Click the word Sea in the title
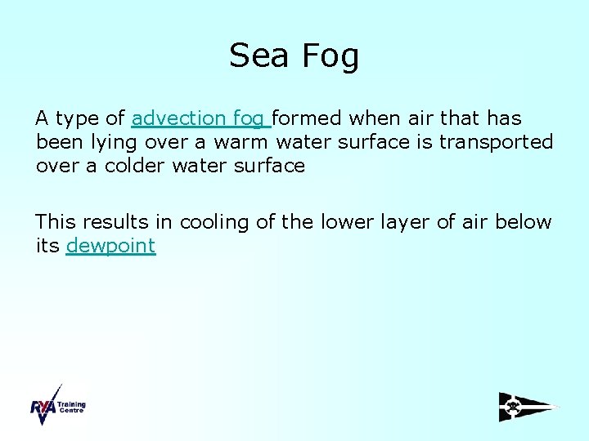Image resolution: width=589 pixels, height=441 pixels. (x=259, y=56)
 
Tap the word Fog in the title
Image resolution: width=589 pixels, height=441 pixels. (x=330, y=56)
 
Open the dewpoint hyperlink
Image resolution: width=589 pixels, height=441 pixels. (x=110, y=246)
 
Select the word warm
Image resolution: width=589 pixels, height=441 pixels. (x=242, y=142)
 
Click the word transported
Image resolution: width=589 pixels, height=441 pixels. (x=496, y=142)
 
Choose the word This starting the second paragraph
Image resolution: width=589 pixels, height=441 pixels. (x=55, y=222)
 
